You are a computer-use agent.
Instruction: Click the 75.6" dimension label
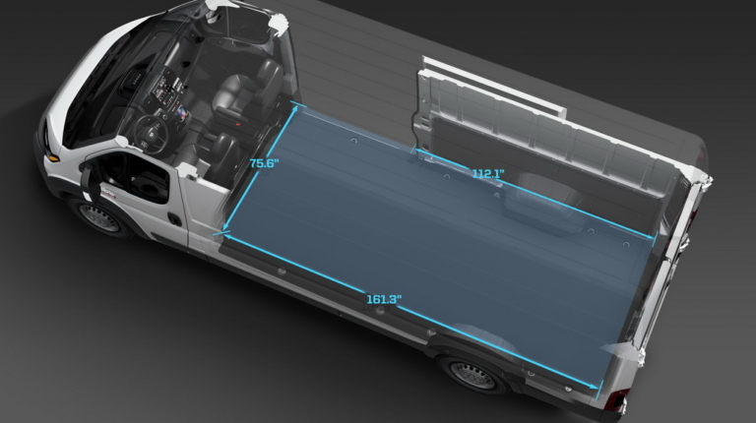coord(264,163)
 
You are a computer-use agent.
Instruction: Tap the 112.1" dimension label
coord(488,173)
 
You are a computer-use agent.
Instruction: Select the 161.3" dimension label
coord(384,299)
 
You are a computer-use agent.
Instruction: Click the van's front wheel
coord(99,217)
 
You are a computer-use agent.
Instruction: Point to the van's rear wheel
coord(472,375)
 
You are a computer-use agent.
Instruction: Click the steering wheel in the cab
coord(152,135)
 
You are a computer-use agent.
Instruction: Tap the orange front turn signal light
coord(51,157)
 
